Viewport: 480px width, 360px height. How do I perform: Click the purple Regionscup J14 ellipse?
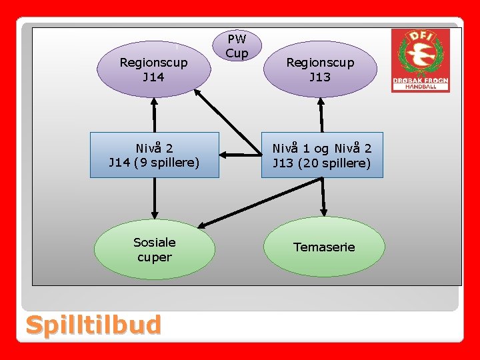point(153,69)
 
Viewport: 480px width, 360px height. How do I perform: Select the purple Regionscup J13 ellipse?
point(320,69)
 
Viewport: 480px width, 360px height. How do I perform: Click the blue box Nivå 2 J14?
point(154,155)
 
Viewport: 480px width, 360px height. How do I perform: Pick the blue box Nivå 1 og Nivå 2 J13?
point(322,155)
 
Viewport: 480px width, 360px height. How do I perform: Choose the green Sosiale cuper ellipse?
point(154,249)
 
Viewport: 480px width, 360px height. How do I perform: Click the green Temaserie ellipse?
point(324,247)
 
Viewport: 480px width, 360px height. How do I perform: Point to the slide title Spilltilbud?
point(93,325)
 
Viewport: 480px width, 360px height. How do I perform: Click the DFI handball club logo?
point(420,60)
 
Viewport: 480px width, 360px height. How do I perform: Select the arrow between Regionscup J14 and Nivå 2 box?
point(154,115)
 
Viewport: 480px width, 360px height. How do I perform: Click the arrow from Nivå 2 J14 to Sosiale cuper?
point(154,198)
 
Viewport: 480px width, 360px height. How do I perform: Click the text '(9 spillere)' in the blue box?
point(167,162)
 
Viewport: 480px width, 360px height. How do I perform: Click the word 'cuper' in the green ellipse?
point(154,257)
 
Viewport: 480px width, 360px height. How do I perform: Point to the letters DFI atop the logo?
point(420,37)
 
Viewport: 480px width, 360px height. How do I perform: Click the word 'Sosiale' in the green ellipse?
point(154,242)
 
